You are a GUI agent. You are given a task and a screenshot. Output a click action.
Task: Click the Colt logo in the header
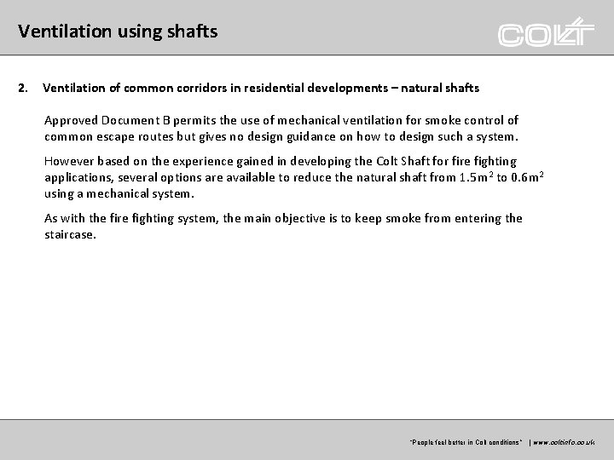point(546,32)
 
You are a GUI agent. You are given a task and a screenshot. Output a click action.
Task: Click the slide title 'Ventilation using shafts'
point(118,32)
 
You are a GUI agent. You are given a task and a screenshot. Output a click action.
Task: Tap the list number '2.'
point(24,88)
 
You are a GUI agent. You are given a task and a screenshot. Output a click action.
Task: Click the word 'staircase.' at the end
point(71,233)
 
